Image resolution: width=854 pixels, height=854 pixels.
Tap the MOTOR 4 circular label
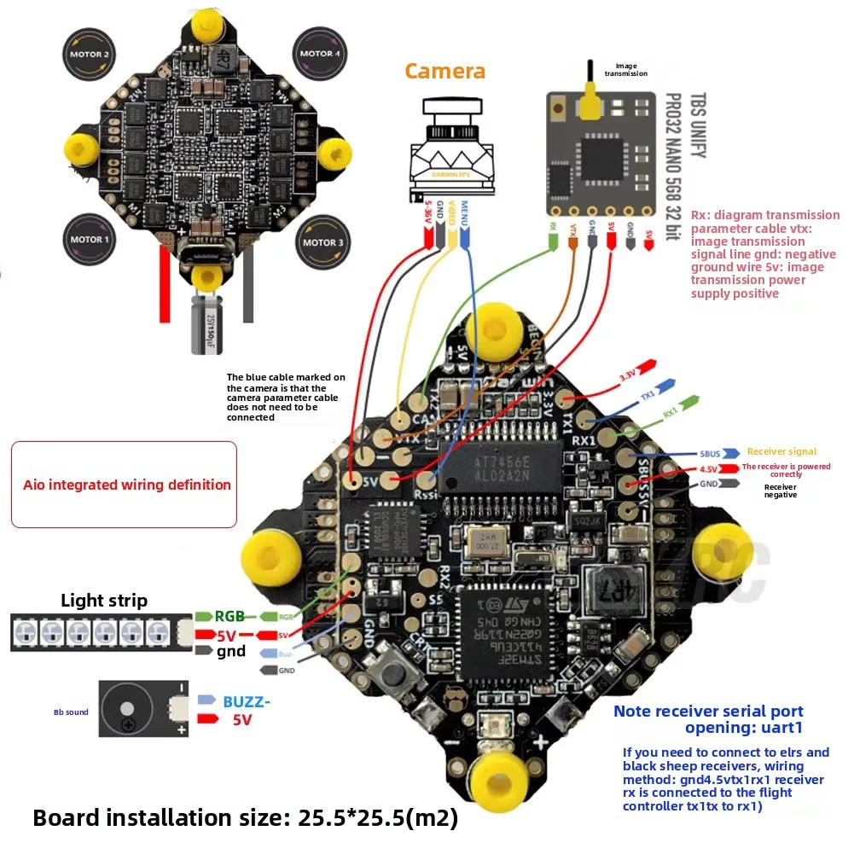click(321, 54)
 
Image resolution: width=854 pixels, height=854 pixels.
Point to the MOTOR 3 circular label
click(322, 242)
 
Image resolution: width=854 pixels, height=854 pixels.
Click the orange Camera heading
click(444, 71)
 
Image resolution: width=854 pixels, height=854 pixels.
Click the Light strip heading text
click(104, 601)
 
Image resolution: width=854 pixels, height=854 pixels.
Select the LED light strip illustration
click(101, 632)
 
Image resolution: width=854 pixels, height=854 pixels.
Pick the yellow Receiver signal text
click(781, 451)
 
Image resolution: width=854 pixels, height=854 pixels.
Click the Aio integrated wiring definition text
click(126, 485)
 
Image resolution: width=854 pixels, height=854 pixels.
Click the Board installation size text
click(245, 818)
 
